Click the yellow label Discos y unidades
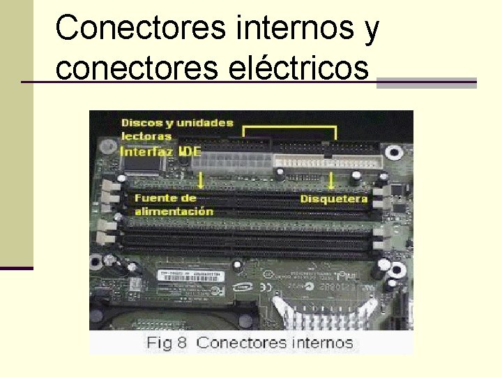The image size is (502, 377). tap(177, 123)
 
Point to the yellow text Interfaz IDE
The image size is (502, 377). tap(161, 150)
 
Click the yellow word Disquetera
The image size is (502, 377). tap(334, 199)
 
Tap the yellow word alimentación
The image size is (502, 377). tap(174, 211)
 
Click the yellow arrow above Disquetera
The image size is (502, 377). tap(330, 181)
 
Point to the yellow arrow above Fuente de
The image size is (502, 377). tap(201, 181)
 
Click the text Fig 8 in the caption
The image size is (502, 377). tap(168, 343)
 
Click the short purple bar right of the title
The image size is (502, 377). tap(426, 82)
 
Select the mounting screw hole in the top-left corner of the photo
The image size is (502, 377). tap(108, 147)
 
